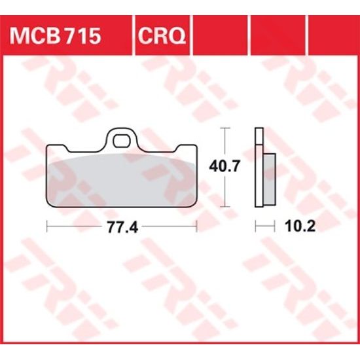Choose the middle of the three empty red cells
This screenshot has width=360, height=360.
(276, 36)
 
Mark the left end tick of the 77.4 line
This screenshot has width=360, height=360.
(48, 226)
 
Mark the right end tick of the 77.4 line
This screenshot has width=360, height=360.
(196, 226)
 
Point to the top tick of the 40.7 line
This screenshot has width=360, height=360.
(226, 128)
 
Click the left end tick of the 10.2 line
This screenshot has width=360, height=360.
(255, 226)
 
